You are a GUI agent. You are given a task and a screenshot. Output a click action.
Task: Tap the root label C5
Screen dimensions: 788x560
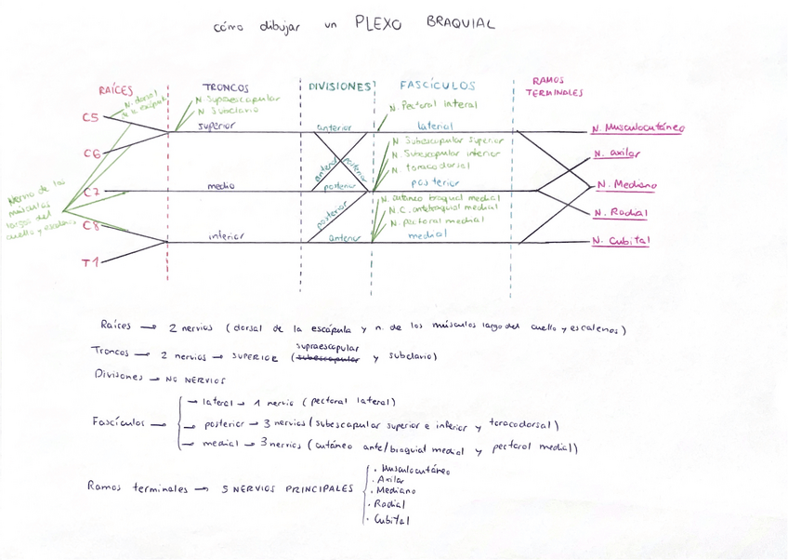(x=90, y=118)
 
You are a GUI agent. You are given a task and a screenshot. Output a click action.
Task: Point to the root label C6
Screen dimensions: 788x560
(x=92, y=154)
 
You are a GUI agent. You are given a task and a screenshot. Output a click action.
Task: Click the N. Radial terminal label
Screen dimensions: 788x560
(x=621, y=213)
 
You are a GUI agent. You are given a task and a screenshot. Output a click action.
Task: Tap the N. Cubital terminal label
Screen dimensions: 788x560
(x=621, y=240)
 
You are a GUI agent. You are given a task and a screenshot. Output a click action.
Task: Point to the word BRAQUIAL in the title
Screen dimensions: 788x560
(x=462, y=22)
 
